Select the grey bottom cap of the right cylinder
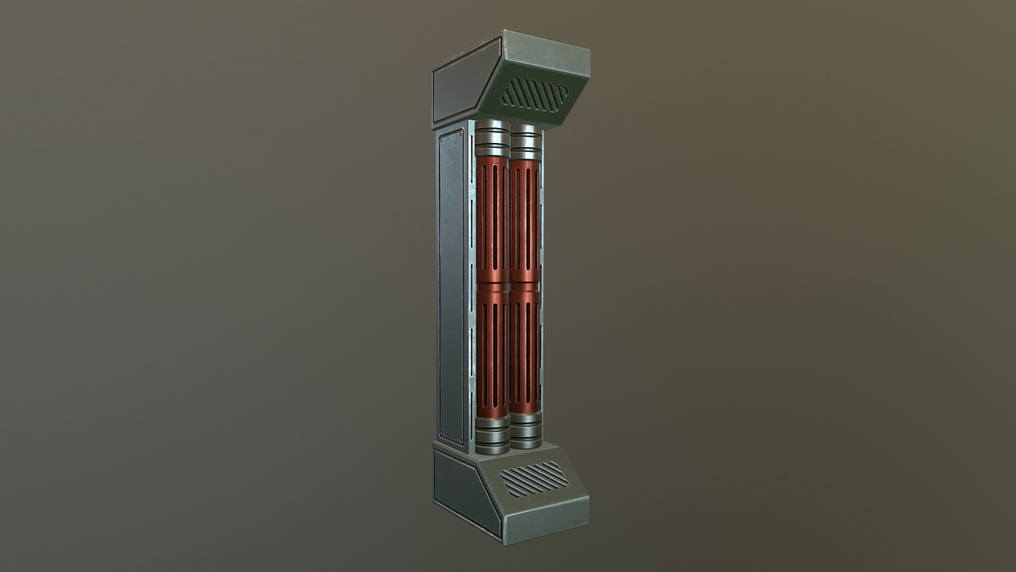coord(525,433)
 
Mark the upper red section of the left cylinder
coord(492,217)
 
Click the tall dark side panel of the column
coord(452,286)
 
